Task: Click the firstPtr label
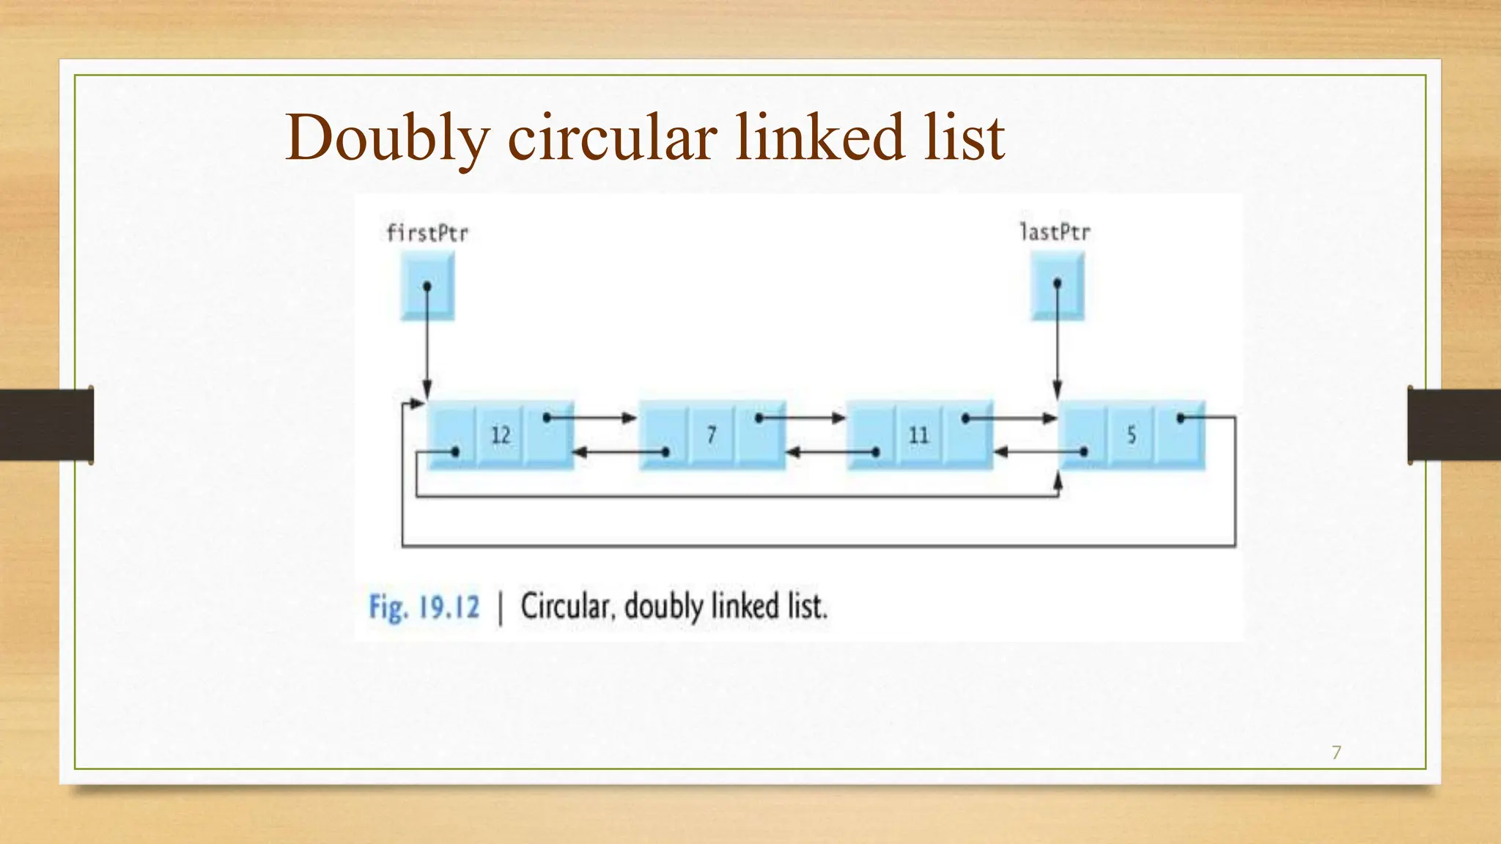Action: click(427, 233)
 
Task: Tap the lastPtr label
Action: click(1055, 232)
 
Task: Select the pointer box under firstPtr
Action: click(427, 286)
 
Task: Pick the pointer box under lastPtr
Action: click(1057, 285)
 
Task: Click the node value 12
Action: click(501, 435)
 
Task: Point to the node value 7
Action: click(711, 435)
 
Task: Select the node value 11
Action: click(918, 435)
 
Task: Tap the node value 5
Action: click(1131, 435)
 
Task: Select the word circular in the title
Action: click(612, 138)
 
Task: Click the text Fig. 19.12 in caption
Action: click(424, 607)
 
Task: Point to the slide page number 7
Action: click(1336, 752)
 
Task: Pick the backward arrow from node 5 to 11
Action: click(1038, 452)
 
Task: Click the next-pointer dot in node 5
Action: click(1181, 418)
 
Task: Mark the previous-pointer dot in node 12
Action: click(454, 452)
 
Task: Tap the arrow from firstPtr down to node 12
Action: click(427, 344)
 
